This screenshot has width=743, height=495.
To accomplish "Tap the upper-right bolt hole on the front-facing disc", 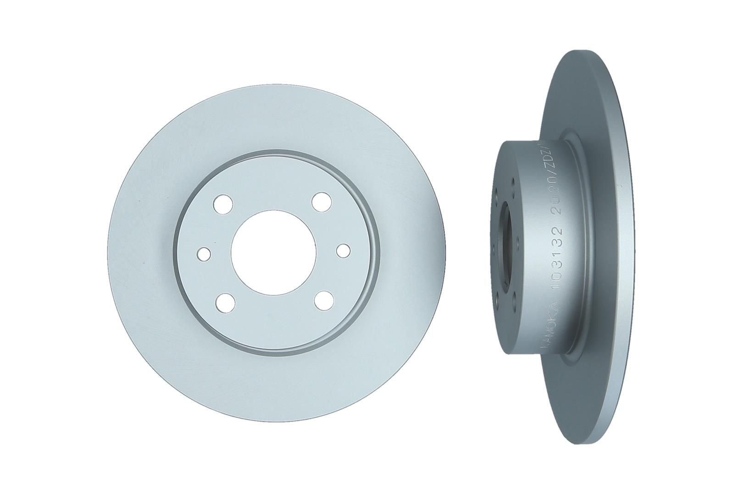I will [x=322, y=201].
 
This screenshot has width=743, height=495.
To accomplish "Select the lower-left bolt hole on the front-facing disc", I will [x=225, y=302].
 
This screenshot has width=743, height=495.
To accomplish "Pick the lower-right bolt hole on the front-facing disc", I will [x=324, y=301].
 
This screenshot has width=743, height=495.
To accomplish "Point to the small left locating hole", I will [x=204, y=253].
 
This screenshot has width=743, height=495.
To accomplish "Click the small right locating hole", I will [x=343, y=250].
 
